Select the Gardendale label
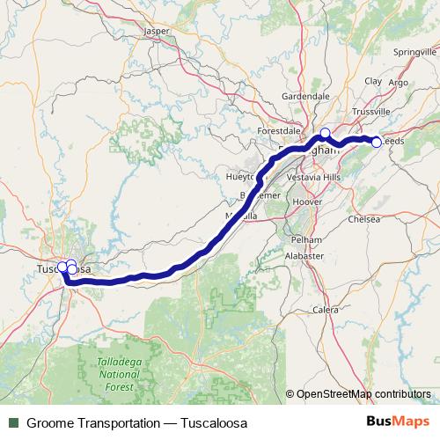point(305,95)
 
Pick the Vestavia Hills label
point(319,176)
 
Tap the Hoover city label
point(306,201)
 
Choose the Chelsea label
point(365,219)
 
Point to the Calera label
point(326,310)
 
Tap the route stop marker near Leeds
point(376,142)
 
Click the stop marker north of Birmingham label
point(325,133)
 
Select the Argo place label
point(398,83)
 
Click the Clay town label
point(372,81)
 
